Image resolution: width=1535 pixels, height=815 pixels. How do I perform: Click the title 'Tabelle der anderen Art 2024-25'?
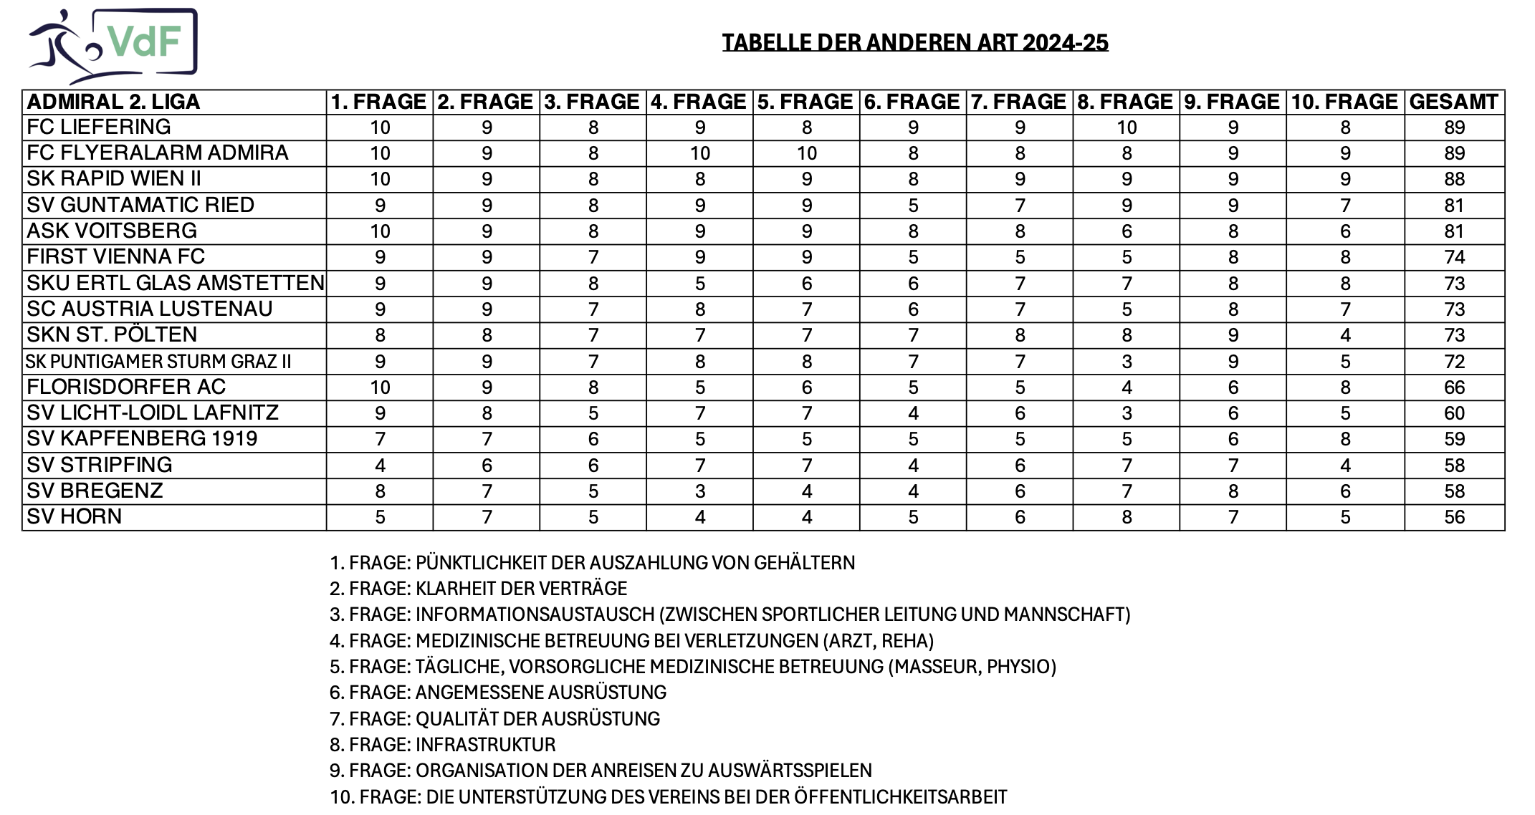[x=914, y=43]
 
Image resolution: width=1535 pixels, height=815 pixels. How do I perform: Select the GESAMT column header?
[x=1453, y=102]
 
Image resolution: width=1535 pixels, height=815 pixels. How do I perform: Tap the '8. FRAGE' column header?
[x=1125, y=102]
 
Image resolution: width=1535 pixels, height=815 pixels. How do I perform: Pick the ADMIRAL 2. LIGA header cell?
[x=113, y=102]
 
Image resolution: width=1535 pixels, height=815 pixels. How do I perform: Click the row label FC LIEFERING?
[x=99, y=127]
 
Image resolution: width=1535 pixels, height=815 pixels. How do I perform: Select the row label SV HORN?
[x=75, y=517]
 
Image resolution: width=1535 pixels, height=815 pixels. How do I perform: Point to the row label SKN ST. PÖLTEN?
[x=112, y=335]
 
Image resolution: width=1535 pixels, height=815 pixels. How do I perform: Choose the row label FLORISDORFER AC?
[x=126, y=387]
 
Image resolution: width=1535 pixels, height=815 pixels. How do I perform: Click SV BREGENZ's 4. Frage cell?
[x=699, y=491]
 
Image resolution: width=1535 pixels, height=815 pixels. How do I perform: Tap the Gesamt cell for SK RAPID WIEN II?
[x=1454, y=179]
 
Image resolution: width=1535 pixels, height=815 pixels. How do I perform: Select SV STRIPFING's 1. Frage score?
[x=380, y=466]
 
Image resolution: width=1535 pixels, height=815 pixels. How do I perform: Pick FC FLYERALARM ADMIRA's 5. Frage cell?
[x=806, y=153]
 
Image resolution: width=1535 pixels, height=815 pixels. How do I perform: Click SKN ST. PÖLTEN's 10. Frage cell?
[x=1345, y=335]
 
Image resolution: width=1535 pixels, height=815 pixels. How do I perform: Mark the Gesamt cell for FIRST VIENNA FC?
[x=1454, y=257]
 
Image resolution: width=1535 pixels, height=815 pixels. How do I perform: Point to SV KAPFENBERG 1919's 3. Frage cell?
[x=593, y=439]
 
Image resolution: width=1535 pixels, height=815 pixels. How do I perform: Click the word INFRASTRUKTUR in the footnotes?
[x=485, y=745]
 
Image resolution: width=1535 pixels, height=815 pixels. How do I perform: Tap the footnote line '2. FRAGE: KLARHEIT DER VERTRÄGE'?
[x=478, y=589]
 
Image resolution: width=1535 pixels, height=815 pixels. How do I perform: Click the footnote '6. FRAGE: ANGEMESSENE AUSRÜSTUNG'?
[x=498, y=693]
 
